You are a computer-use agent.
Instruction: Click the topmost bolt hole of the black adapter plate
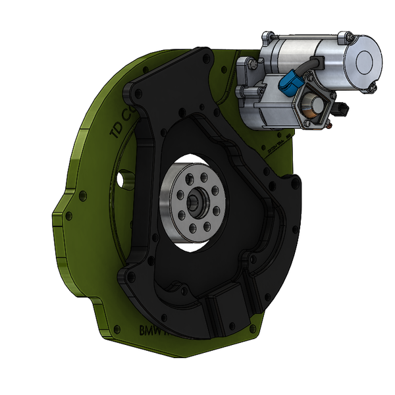209,58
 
